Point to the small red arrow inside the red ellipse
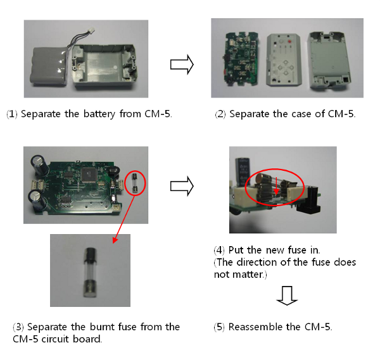coord(275,187)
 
